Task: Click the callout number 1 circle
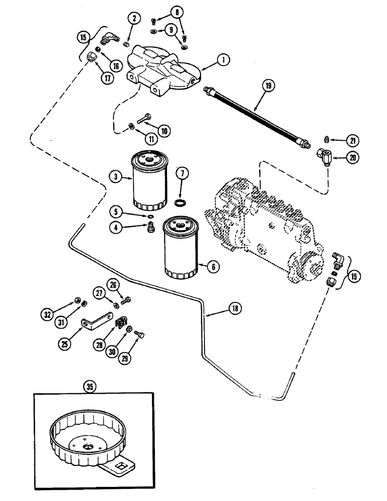coord(223,60)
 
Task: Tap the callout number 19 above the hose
coord(268,86)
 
